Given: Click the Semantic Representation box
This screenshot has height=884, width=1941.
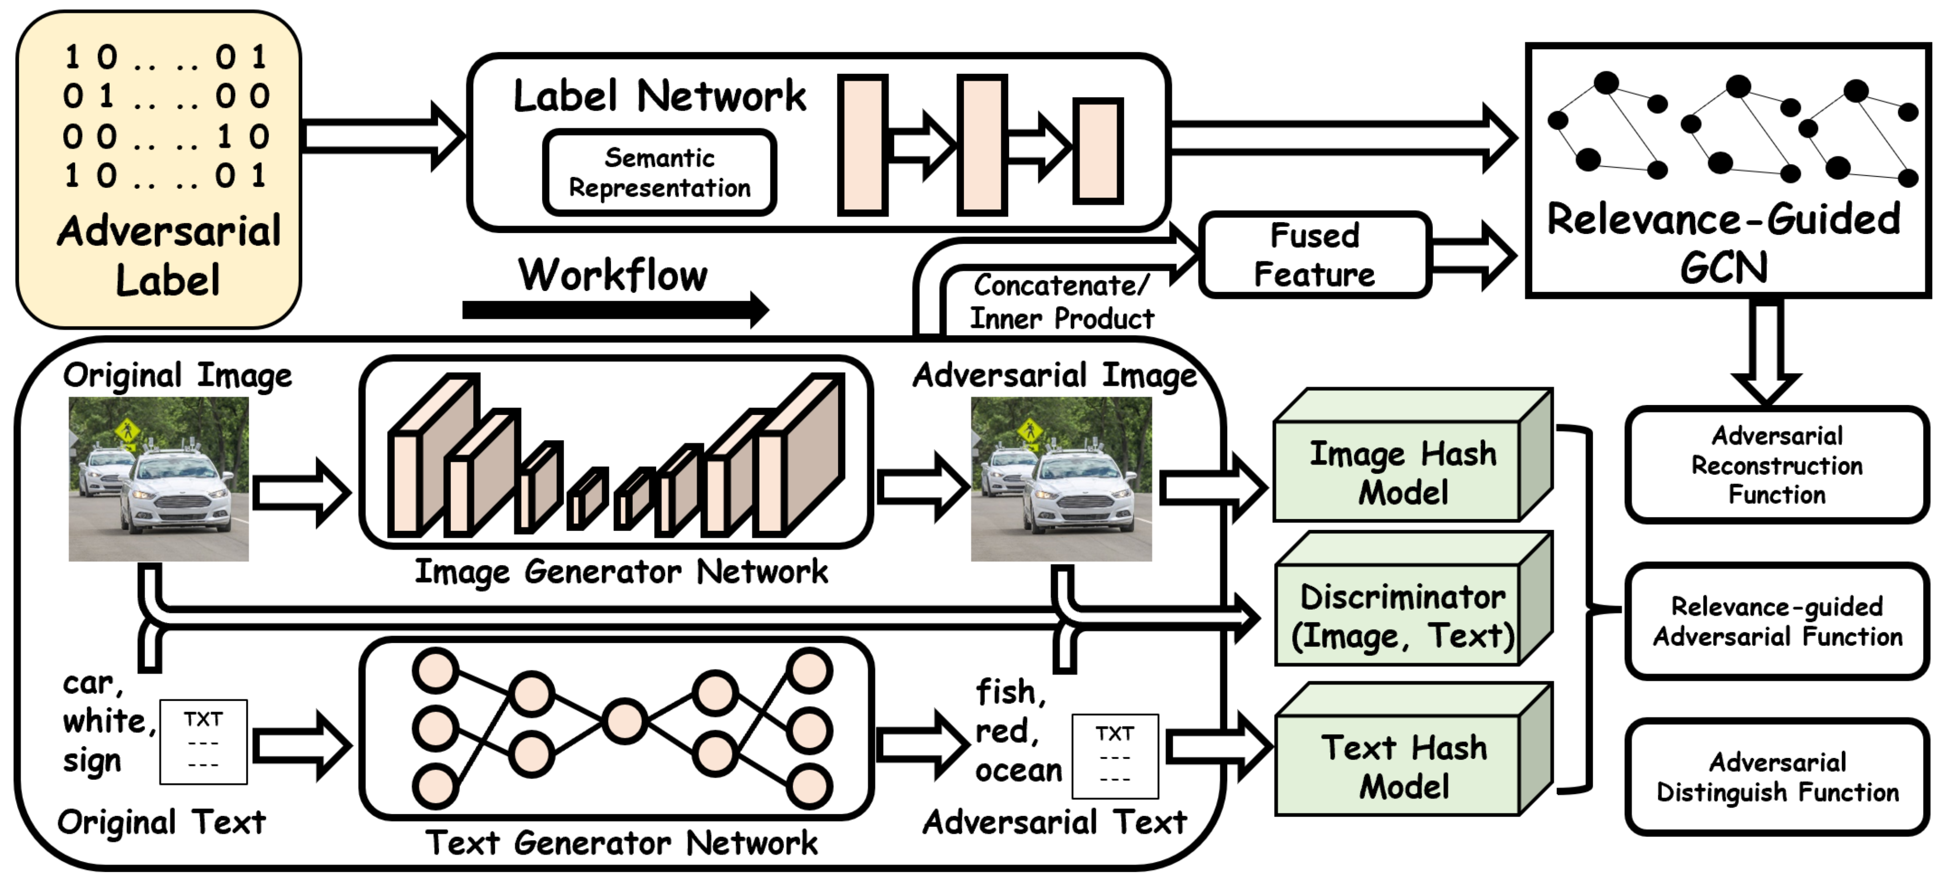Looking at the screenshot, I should [659, 172].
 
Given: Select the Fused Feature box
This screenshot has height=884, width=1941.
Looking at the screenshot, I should [1315, 255].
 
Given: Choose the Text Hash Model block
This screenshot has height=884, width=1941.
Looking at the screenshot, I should [1403, 767].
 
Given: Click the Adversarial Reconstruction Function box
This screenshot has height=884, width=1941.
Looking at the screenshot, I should [1777, 465].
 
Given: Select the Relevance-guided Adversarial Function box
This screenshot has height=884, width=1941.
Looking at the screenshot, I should [1777, 622].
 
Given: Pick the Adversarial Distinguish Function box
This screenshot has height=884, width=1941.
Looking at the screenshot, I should [1777, 777].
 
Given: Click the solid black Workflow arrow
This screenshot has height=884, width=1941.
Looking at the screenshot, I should [614, 310].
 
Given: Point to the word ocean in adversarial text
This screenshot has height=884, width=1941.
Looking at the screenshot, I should [1018, 770].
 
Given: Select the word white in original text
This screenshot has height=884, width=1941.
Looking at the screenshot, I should [108, 722].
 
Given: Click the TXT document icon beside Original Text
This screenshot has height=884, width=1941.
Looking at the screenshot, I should [204, 742].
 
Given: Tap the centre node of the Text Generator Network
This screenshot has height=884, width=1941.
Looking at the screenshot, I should [624, 721].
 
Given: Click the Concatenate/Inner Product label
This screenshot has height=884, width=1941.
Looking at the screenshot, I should [1061, 302].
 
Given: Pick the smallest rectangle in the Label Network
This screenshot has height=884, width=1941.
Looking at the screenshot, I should [1098, 151].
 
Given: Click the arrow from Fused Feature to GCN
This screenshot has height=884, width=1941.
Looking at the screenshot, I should [1473, 255].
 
